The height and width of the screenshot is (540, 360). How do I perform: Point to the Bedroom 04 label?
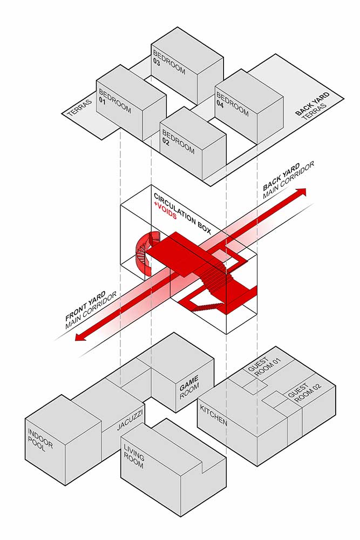click(232, 102)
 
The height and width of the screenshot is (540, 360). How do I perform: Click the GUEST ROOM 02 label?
click(301, 395)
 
